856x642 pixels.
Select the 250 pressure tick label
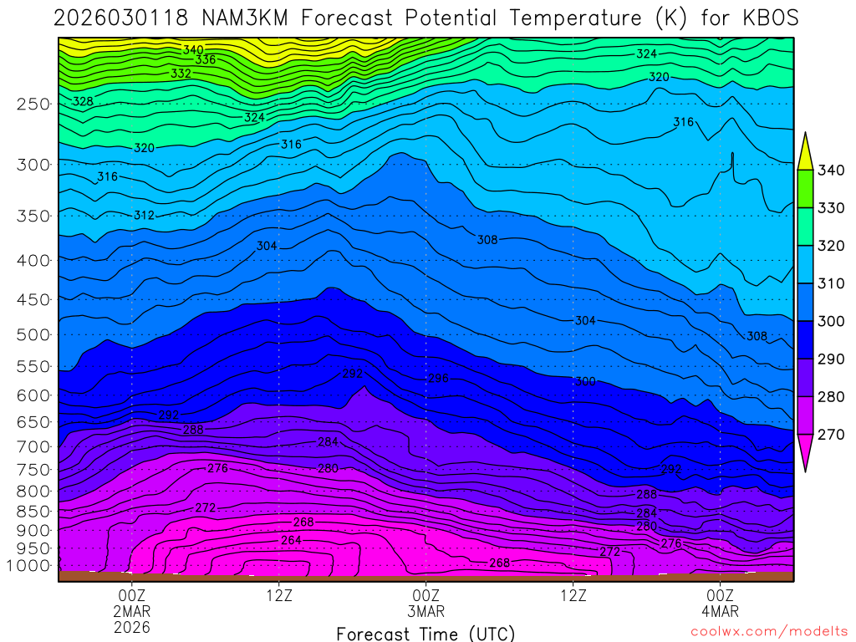click(33, 104)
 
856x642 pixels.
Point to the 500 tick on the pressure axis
click(33, 335)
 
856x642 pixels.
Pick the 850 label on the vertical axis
click(33, 511)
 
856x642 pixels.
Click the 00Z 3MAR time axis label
click(425, 603)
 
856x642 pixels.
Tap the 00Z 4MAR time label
click(721, 603)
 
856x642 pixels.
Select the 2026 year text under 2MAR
click(131, 627)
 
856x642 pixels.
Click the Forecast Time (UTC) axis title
click(425, 633)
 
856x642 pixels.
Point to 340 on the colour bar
click(833, 171)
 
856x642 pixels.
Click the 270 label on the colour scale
click(833, 435)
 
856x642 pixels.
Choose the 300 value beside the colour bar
click(833, 322)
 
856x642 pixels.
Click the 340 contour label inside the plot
click(194, 49)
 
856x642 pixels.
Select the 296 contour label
click(438, 379)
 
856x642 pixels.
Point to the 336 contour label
click(206, 59)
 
